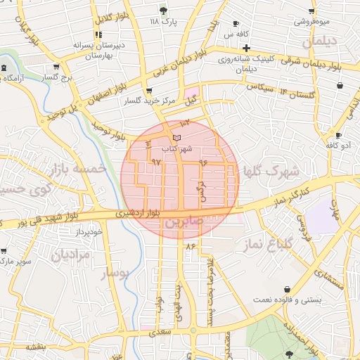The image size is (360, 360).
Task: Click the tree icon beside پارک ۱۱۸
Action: click(x=164, y=10)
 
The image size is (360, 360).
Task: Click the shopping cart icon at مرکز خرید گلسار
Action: click(x=148, y=91)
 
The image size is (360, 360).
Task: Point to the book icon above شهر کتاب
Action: click(x=176, y=136)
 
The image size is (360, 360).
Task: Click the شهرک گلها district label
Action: click(x=271, y=171)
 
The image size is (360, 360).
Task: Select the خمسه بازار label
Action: click(x=78, y=169)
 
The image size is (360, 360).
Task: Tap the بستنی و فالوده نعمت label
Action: click(x=311, y=300)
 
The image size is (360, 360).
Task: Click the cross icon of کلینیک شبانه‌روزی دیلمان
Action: click(x=247, y=49)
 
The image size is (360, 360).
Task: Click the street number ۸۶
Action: click(x=190, y=245)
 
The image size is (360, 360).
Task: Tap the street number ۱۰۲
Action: click(x=186, y=124)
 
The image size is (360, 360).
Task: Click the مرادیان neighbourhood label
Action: click(x=70, y=254)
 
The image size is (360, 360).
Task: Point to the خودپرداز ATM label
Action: click(x=91, y=231)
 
